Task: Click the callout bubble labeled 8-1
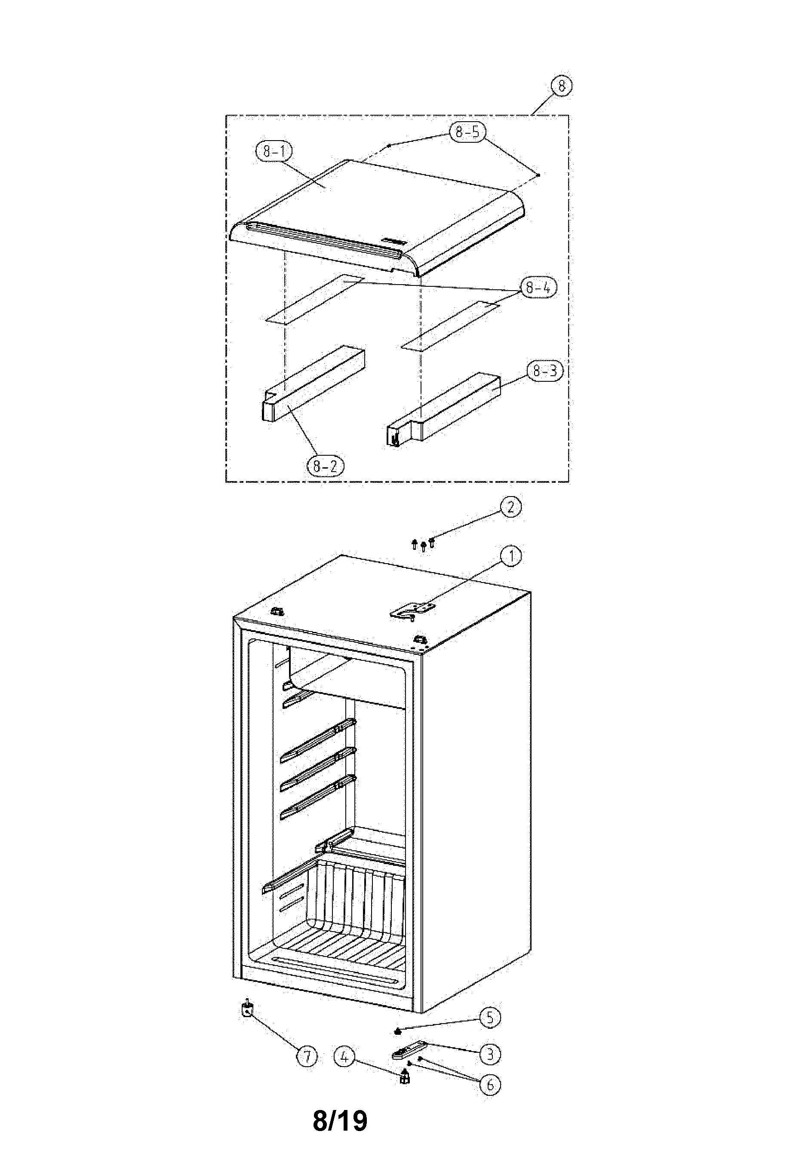pos(274,151)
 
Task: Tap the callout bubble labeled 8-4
pos(538,288)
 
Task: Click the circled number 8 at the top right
pos(562,86)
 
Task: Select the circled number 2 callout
pos(510,507)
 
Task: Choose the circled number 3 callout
pos(490,1054)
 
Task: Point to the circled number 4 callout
pos(345,1057)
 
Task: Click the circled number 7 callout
pos(307,1057)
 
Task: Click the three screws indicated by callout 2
pos(423,545)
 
